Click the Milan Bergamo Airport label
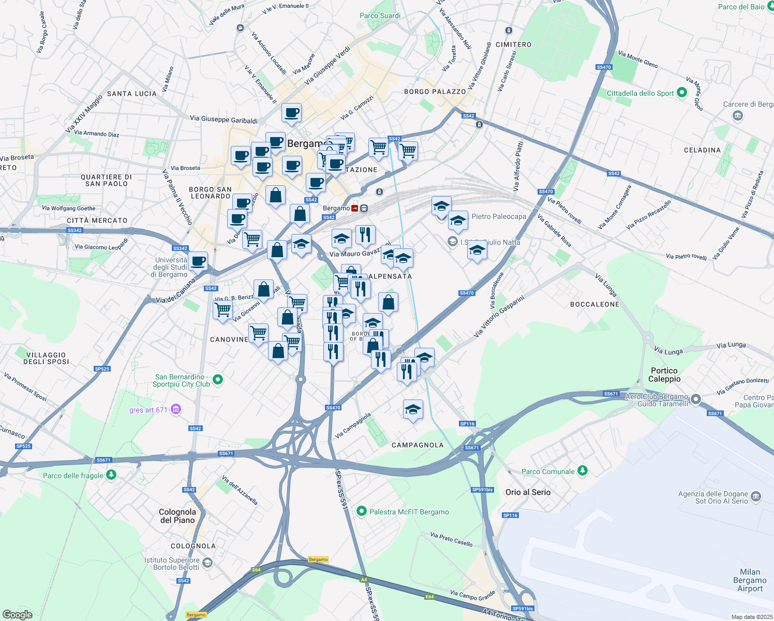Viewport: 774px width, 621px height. [750, 580]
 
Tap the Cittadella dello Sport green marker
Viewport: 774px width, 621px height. [681, 93]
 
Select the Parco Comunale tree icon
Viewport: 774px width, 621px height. [583, 470]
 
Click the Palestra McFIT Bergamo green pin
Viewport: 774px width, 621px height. [362, 512]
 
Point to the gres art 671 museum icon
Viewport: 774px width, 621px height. [176, 409]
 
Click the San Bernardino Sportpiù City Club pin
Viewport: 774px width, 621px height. [218, 380]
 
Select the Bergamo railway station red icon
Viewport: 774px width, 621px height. [355, 208]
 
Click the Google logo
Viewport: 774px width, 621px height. [17, 615]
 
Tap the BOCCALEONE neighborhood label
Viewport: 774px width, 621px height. [594, 304]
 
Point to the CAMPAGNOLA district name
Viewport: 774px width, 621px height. [418, 445]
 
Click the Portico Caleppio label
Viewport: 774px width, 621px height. [664, 375]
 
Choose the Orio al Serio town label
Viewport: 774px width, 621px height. [528, 492]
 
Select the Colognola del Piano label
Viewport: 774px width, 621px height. [177, 516]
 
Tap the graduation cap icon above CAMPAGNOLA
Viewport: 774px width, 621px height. [413, 409]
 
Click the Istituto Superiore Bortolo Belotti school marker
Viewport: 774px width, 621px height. [207, 563]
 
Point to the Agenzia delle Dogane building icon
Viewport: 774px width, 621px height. [756, 496]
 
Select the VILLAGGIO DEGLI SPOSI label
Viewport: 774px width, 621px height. [46, 358]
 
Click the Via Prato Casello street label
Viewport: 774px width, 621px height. [451, 539]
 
